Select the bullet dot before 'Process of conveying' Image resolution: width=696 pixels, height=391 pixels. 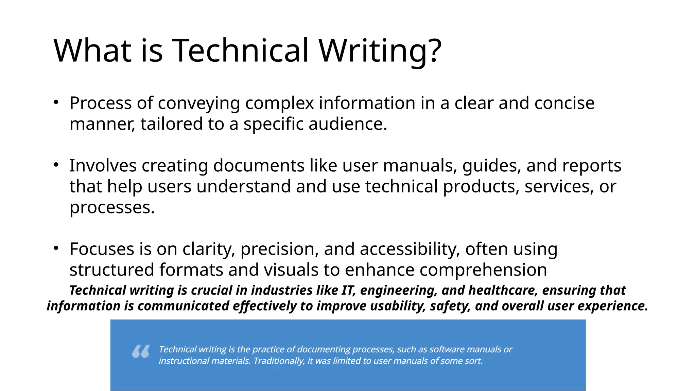tap(56, 102)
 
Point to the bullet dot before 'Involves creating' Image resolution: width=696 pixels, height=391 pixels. tap(56, 165)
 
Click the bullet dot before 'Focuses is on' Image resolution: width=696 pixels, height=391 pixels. tap(56, 248)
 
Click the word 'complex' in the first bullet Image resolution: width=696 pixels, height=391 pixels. tap(279, 103)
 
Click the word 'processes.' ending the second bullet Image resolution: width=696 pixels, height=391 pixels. tap(112, 208)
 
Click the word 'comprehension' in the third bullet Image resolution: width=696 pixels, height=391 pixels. tap(483, 270)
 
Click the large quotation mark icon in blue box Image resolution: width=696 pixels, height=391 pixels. tap(141, 351)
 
